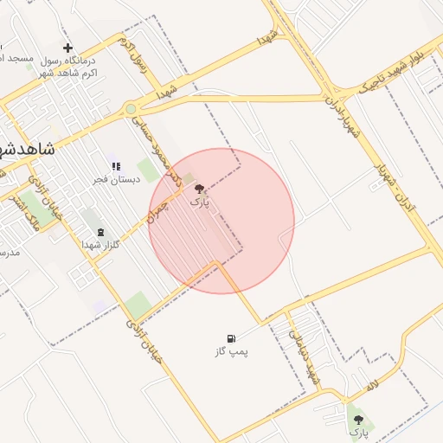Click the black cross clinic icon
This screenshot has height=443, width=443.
[68, 48]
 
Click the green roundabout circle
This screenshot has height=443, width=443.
[131, 109]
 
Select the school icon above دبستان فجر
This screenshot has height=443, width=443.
[115, 166]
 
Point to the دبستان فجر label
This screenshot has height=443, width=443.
[113, 179]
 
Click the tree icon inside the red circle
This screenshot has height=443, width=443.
[199, 189]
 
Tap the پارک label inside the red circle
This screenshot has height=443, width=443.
[199, 202]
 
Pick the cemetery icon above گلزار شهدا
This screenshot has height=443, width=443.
[101, 232]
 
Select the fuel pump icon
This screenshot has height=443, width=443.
[230, 338]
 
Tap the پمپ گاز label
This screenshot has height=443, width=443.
[231, 352]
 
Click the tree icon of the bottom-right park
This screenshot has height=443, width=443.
[358, 420]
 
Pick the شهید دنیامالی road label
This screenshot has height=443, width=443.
[305, 352]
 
